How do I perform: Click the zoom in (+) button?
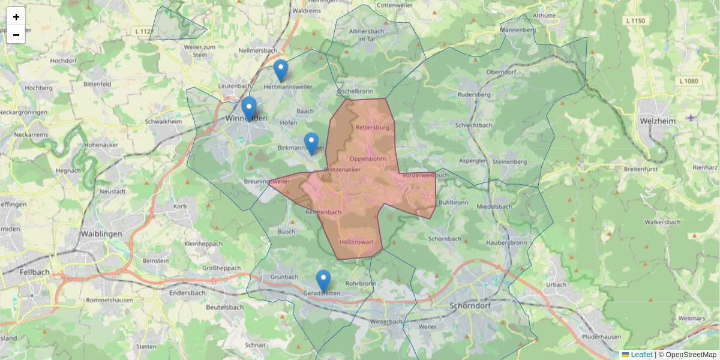click(16, 16)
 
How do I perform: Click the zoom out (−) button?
click(16, 35)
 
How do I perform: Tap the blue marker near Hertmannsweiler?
click(280, 70)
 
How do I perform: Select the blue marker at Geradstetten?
click(323, 281)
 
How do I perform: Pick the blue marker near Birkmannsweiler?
click(311, 143)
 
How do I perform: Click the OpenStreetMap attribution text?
click(691, 355)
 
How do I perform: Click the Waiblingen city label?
click(101, 234)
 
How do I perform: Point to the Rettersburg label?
click(373, 128)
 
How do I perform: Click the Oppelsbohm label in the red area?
click(367, 158)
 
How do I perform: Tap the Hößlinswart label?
click(356, 242)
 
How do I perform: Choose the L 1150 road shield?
click(635, 21)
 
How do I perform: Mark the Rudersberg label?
click(474, 95)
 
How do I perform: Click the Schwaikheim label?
click(163, 121)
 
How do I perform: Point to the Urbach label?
click(556, 284)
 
